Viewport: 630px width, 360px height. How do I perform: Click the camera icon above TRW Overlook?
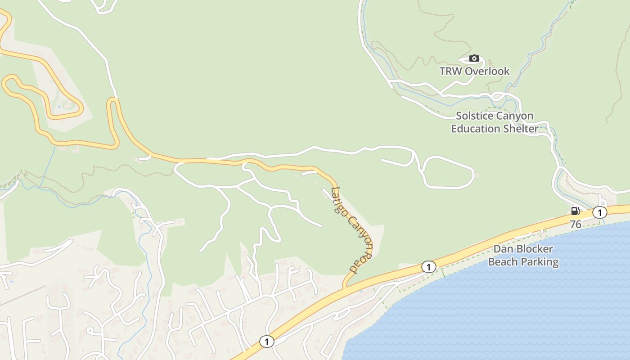click(474, 58)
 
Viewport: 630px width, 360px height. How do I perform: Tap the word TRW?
click(451, 71)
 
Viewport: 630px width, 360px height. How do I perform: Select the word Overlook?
click(487, 71)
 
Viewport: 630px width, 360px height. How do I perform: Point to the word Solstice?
click(474, 116)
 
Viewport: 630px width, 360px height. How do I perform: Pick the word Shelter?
click(522, 129)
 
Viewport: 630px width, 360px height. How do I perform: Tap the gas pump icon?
click(575, 211)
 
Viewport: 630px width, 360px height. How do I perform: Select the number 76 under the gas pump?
click(576, 224)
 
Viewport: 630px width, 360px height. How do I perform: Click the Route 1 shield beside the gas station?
click(599, 212)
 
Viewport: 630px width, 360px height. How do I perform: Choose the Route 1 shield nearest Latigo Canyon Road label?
click(428, 267)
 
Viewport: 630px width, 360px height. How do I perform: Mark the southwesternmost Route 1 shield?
click(266, 342)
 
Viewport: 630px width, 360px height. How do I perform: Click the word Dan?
click(503, 249)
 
